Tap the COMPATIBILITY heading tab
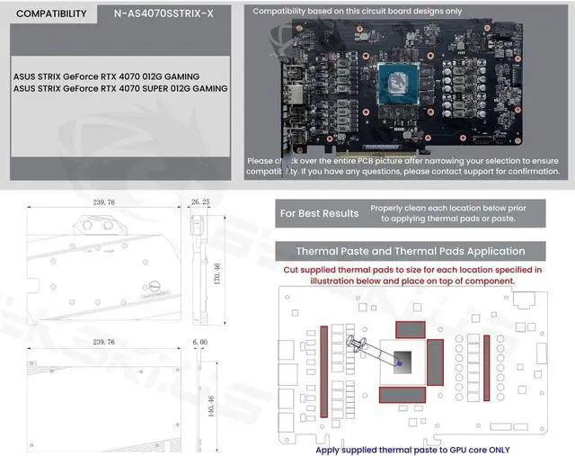click(52, 14)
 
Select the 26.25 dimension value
click(200, 203)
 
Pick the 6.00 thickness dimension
click(199, 343)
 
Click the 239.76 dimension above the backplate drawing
click(97, 343)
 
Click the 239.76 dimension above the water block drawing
click(97, 203)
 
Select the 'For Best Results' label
click(319, 213)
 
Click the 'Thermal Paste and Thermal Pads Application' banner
click(411, 251)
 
